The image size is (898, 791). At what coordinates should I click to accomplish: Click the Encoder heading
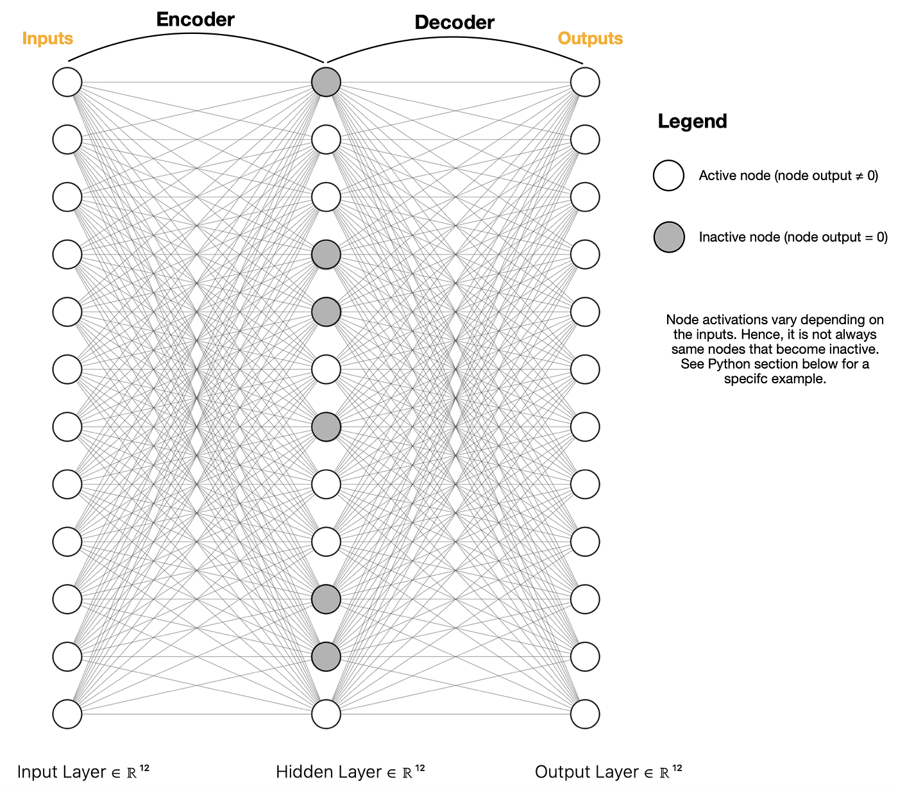click(195, 20)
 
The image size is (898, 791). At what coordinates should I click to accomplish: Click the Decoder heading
click(454, 23)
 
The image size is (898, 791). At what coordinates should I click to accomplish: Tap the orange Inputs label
click(47, 38)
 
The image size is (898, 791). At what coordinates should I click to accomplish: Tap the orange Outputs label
click(590, 38)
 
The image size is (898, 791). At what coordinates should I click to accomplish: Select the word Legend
click(692, 121)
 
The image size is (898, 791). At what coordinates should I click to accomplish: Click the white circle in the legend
click(668, 176)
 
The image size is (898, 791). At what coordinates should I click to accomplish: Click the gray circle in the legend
click(668, 237)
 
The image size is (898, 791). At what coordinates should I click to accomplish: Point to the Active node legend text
click(788, 176)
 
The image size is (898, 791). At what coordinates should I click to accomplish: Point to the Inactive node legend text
click(793, 237)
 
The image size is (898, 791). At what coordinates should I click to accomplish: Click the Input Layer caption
click(83, 772)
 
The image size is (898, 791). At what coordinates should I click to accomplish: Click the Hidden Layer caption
click(350, 772)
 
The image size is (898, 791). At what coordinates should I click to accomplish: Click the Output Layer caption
click(609, 772)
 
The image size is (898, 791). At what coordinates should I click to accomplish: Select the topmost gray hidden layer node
click(326, 82)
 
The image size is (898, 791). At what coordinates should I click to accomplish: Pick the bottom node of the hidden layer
click(326, 714)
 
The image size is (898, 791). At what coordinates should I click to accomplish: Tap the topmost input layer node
click(67, 82)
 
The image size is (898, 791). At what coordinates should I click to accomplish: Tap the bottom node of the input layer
click(67, 714)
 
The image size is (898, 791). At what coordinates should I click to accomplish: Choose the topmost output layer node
click(585, 82)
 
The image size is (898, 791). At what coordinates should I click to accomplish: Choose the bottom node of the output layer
click(585, 714)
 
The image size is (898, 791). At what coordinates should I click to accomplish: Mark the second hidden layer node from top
click(326, 140)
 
